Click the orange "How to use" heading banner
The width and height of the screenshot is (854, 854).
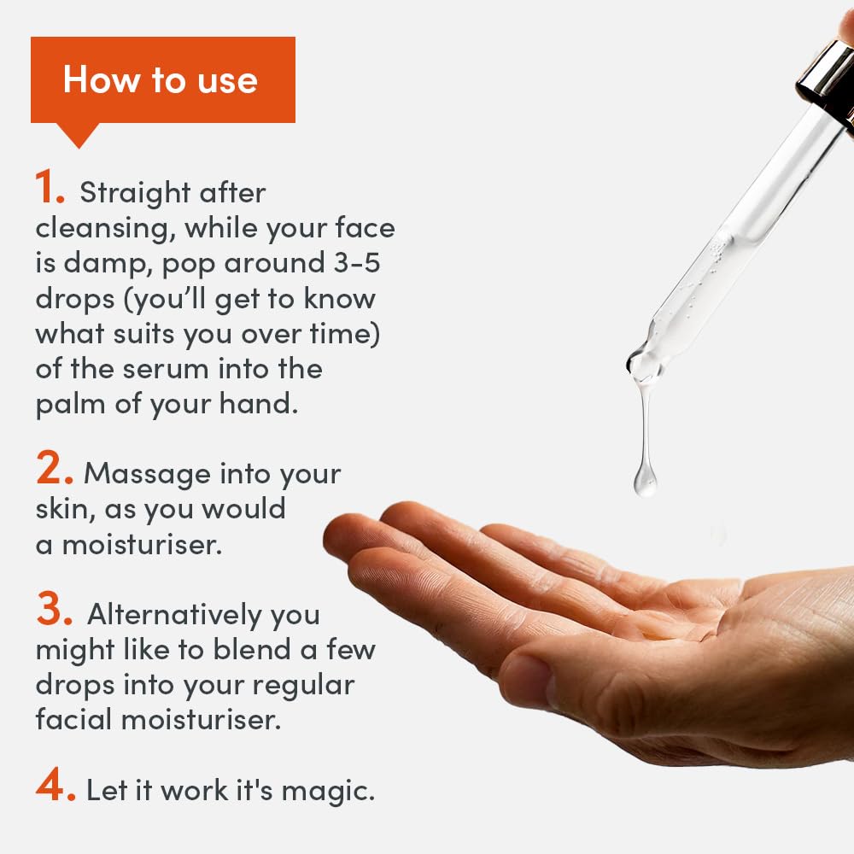coord(163,79)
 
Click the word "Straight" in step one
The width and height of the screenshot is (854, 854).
coord(135,193)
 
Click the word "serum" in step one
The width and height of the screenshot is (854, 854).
coord(166,369)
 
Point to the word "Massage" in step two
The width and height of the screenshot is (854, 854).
coord(147,474)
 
